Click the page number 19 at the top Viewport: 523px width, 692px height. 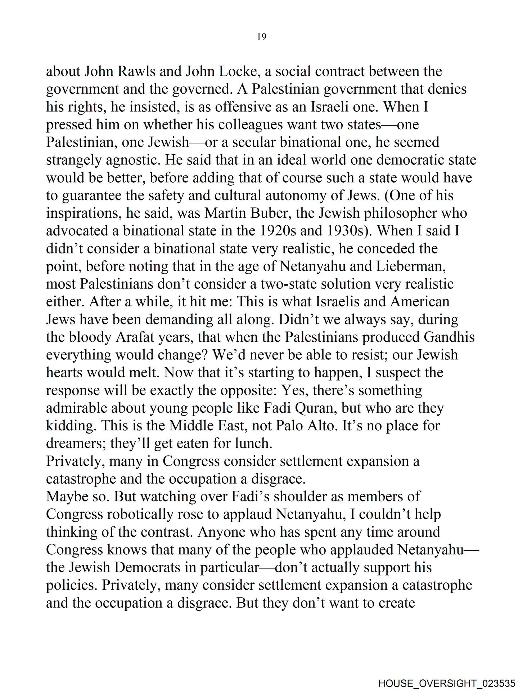(262, 37)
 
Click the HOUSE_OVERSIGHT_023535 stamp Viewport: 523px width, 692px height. (446, 682)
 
